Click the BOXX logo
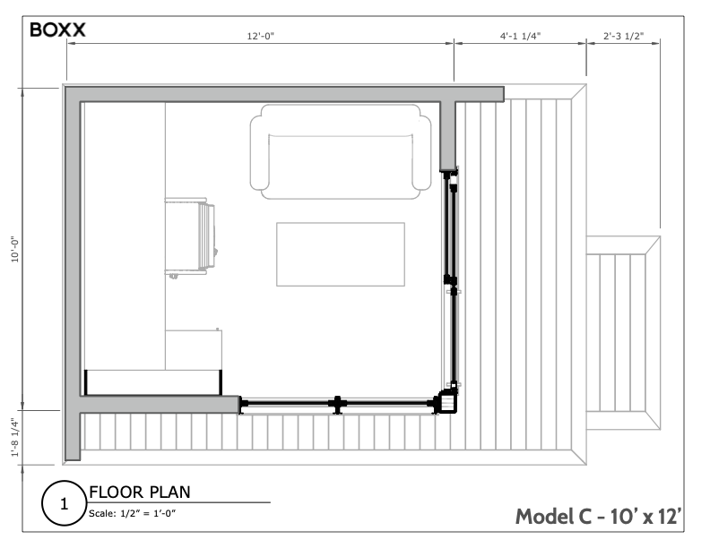point(57,30)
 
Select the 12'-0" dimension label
point(260,37)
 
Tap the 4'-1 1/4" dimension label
point(520,37)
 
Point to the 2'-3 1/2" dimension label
point(624,37)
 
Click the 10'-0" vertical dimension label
point(15,248)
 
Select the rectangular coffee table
point(341,254)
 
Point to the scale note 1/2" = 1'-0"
point(132,513)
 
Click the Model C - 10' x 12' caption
point(599,517)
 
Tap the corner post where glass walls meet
point(446,402)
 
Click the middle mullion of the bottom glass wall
point(336,405)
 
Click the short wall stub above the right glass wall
point(448,134)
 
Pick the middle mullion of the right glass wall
point(452,285)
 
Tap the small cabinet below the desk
point(194,348)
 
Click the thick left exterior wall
point(72,269)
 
